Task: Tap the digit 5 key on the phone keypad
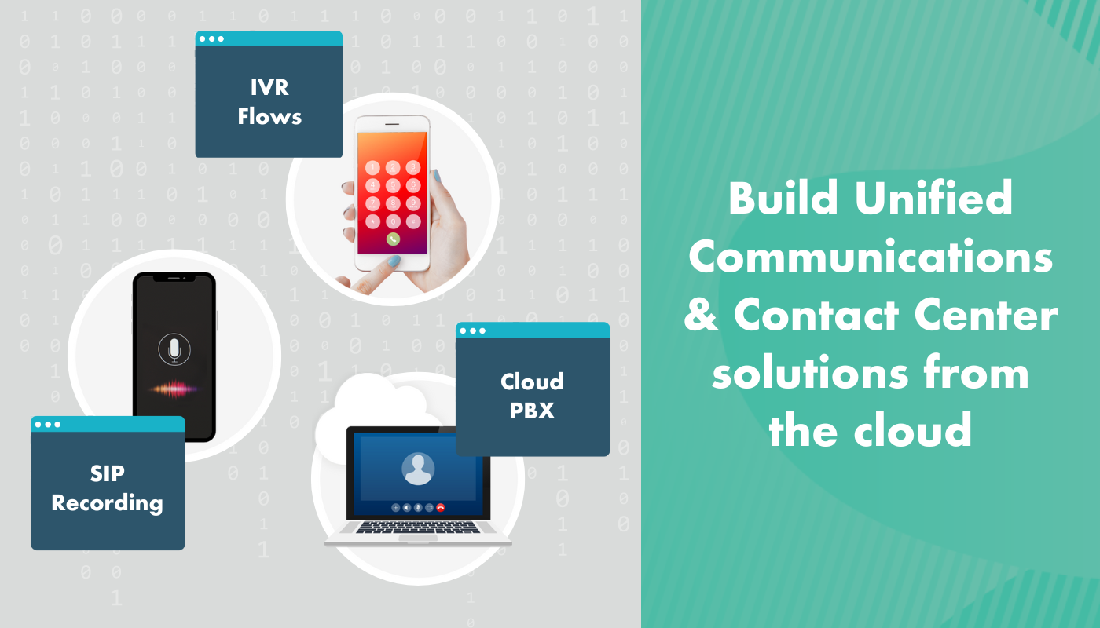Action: coord(393,185)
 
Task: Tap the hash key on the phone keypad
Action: coord(412,221)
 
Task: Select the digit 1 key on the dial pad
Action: coord(373,167)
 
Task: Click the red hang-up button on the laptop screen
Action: coord(441,508)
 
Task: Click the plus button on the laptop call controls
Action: coord(395,508)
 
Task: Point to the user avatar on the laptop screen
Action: coord(418,469)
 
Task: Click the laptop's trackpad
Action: coord(418,538)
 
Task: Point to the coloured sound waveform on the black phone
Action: coord(174,387)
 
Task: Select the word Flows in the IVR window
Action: coord(269,117)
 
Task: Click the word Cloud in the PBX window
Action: coord(532,382)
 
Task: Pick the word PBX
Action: coord(532,411)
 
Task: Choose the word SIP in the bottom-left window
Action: coord(108,473)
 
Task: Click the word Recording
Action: coord(108,502)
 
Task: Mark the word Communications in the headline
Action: coord(871,257)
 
